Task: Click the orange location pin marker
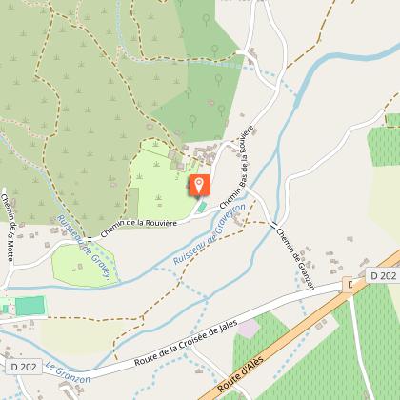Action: (x=199, y=185)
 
